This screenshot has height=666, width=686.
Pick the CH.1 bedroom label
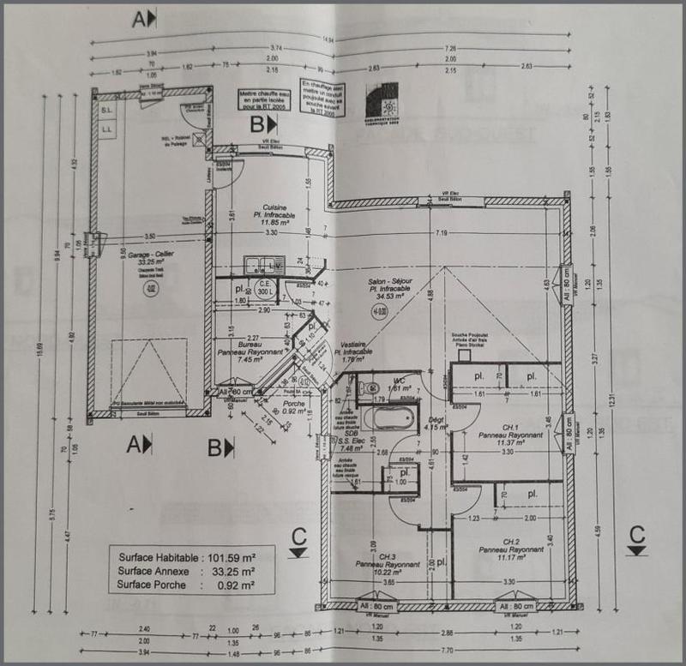[512, 426]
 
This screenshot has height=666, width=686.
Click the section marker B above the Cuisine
[261, 124]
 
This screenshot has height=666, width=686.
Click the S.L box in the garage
[107, 112]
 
